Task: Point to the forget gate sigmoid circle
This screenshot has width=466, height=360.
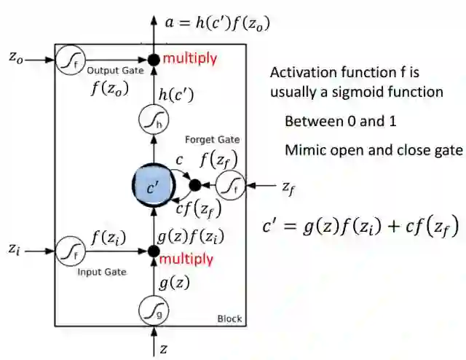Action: point(232,186)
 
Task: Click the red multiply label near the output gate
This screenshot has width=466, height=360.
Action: point(190,58)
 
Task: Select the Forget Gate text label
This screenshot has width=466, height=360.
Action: point(212,140)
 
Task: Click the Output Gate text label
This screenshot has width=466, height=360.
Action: point(111,71)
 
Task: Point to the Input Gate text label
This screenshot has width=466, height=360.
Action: point(102,272)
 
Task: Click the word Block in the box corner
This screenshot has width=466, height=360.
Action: point(229,318)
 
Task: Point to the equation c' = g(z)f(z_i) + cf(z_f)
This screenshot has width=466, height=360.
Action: point(360,228)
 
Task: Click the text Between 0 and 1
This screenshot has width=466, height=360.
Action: point(335,121)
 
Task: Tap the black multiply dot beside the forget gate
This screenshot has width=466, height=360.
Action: point(194,185)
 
